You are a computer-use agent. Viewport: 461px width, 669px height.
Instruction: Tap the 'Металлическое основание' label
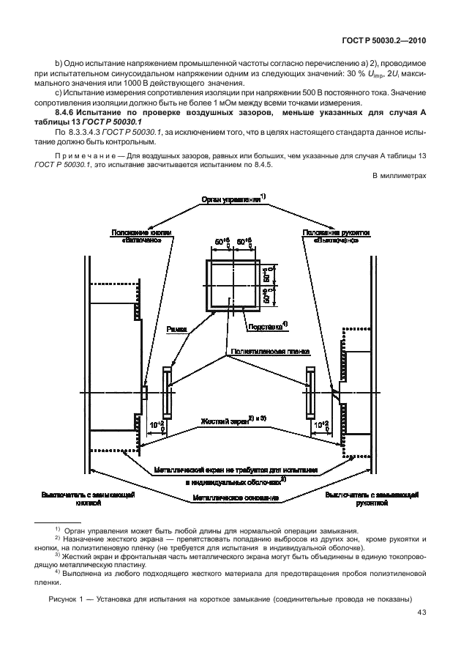[235, 498]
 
